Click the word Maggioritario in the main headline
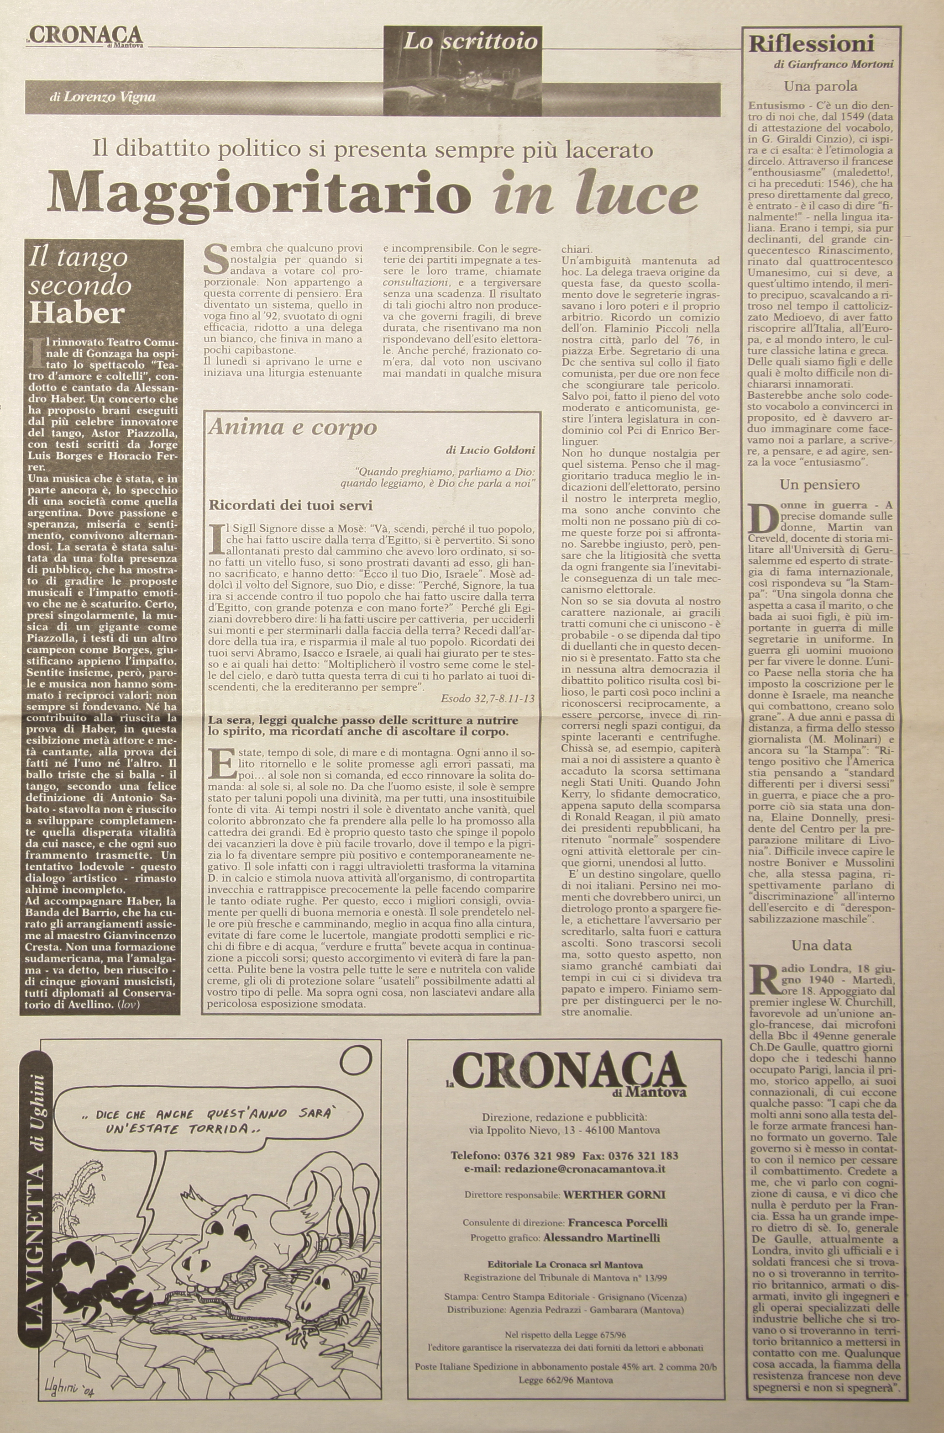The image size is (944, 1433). tap(259, 194)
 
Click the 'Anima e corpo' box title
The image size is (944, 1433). tap(293, 427)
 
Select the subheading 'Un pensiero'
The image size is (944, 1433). tap(819, 484)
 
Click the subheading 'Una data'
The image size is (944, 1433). tap(821, 945)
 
